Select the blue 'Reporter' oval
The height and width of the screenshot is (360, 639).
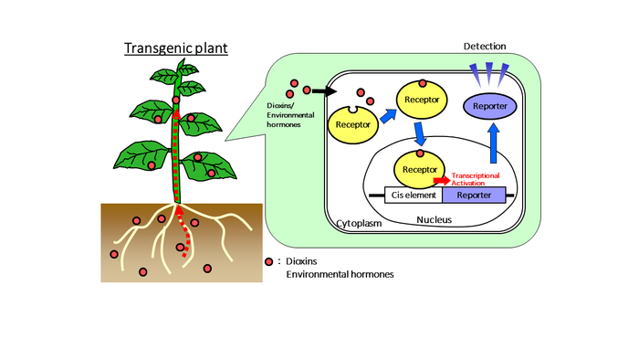point(490,107)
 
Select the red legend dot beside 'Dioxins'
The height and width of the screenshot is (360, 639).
point(269,261)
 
